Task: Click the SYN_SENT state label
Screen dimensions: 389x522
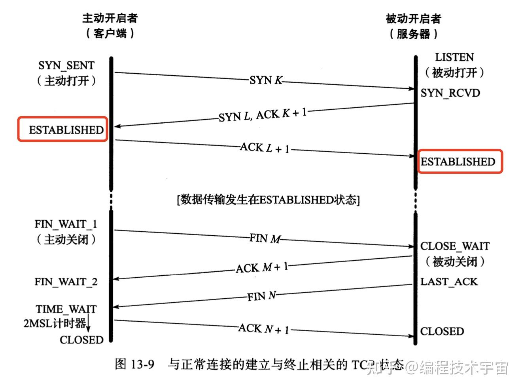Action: point(66,65)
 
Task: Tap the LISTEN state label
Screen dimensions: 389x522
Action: point(454,57)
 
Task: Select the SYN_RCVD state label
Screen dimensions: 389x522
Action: point(450,93)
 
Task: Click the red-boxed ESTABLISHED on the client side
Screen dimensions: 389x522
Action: point(66,130)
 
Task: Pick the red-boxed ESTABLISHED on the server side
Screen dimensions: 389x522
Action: point(458,162)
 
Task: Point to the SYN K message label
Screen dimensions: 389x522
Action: point(266,80)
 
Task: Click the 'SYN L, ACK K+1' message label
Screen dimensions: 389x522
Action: point(263,115)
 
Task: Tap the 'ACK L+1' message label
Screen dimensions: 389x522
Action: point(265,148)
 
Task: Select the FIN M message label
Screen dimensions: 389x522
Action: point(265,238)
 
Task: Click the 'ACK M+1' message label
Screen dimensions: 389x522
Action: point(262,268)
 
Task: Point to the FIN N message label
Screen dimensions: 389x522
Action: point(261,296)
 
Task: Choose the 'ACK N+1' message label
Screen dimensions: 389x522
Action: point(264,329)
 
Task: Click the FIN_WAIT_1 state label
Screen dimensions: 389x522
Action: point(66,224)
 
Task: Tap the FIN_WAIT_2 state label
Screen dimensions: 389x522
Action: point(66,282)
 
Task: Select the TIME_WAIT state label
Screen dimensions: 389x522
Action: point(66,309)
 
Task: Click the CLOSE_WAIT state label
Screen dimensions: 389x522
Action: point(455,246)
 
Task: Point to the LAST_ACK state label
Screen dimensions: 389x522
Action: point(449,282)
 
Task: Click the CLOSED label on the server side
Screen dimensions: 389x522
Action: point(442,331)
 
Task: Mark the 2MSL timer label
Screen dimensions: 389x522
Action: point(55,323)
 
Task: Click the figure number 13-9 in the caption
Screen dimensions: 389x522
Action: point(140,364)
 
